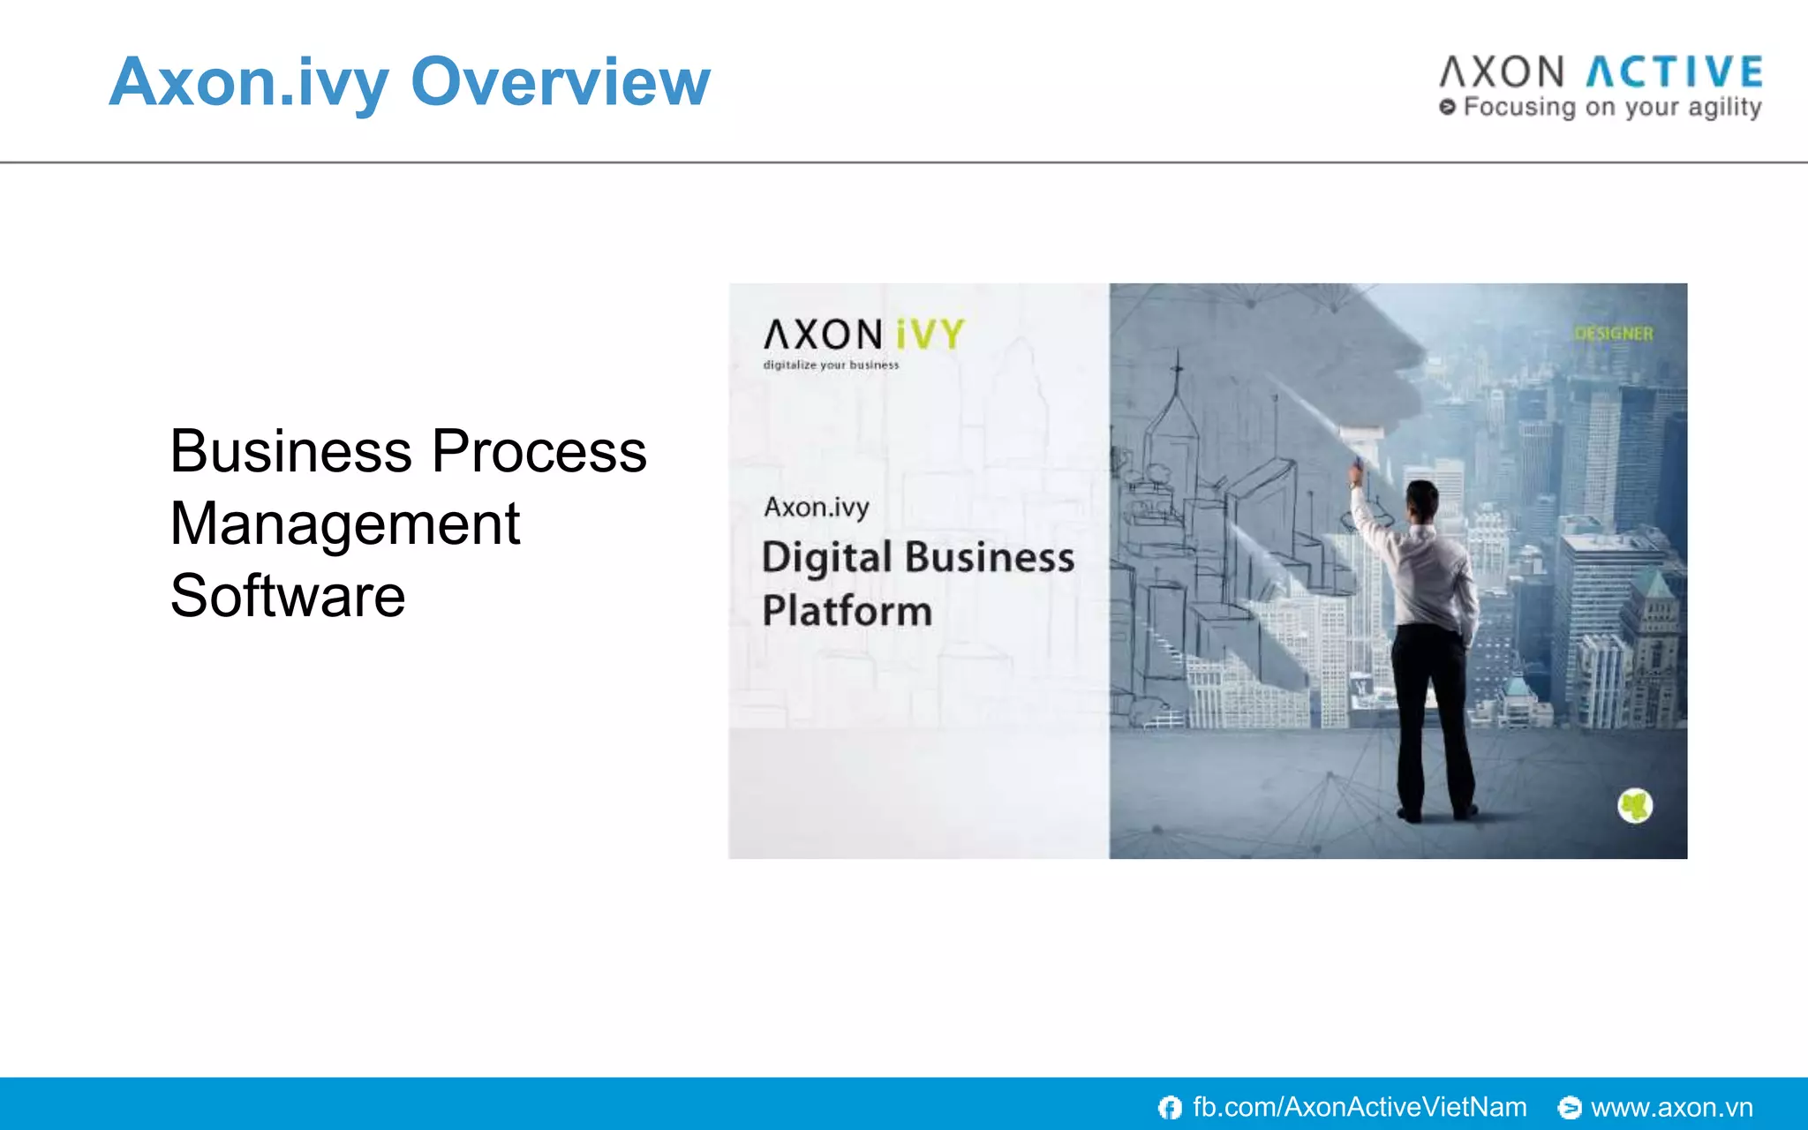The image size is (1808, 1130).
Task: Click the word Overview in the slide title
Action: pos(561,81)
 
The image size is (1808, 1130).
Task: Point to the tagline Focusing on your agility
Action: pos(1612,108)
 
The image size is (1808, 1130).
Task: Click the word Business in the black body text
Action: pos(290,451)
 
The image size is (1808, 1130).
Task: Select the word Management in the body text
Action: pos(345,524)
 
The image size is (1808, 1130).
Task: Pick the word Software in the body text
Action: pos(288,596)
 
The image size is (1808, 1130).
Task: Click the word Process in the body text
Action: pos(539,451)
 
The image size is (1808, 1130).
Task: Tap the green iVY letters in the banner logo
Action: pos(930,335)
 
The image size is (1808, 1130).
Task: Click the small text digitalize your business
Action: pos(831,365)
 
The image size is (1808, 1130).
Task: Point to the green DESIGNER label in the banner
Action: pos(1613,334)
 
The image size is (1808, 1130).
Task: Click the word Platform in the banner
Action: pos(847,611)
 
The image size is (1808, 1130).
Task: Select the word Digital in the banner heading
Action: pos(827,558)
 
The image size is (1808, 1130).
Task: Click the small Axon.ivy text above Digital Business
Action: pos(817,508)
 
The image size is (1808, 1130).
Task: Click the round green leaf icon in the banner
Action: pos(1635,805)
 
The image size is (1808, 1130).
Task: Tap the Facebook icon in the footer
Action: pos(1170,1107)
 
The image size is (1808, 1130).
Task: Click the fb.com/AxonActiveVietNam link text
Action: pos(1360,1107)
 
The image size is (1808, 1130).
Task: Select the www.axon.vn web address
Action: pos(1671,1107)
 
